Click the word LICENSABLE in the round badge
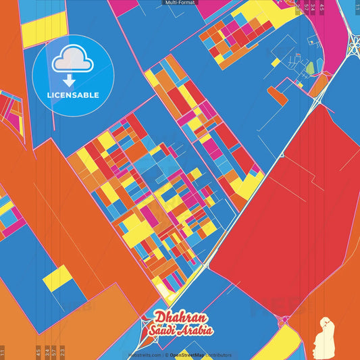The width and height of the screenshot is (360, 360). pyautogui.click(x=73, y=95)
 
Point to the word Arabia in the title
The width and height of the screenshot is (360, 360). pyautogui.click(x=197, y=330)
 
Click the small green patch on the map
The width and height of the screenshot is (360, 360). pyautogui.click(x=310, y=68)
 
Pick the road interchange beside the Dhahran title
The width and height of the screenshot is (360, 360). pyautogui.click(x=146, y=330)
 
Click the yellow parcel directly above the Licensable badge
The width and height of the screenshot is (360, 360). pyautogui.click(x=45, y=28)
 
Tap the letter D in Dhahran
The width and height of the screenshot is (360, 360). pyautogui.click(x=159, y=317)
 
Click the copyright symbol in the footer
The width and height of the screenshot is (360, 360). pyautogui.click(x=166, y=355)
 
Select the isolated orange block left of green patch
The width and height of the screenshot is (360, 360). pyautogui.click(x=277, y=95)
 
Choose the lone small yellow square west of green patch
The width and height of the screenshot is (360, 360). pyautogui.click(x=276, y=62)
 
